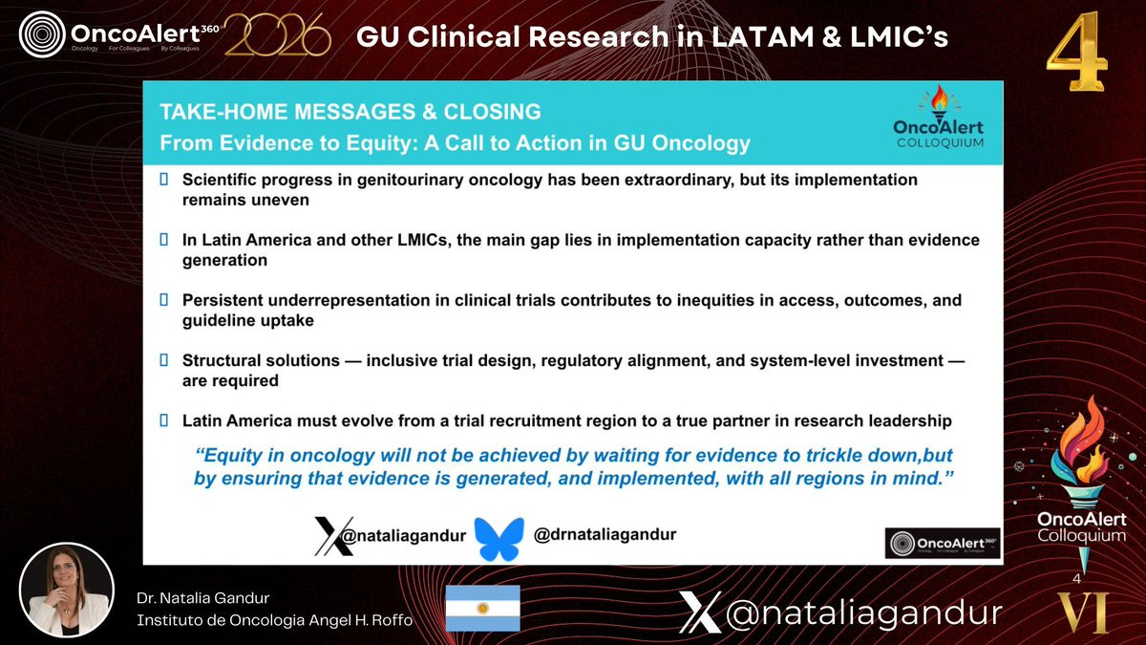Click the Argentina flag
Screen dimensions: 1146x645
[x=482, y=608]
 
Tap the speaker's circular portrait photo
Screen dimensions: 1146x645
[x=67, y=591]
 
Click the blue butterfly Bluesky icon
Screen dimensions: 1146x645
[x=499, y=539]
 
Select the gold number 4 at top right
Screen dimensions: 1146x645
[x=1076, y=52]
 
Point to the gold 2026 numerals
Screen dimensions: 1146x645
[x=277, y=34]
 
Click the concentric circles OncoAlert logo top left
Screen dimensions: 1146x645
[x=42, y=34]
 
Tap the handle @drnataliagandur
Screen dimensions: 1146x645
[x=605, y=534]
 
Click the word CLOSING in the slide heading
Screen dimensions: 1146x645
[x=492, y=112]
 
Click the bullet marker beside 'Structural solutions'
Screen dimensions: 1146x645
[x=163, y=360]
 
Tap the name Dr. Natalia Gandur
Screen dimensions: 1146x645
[x=202, y=598]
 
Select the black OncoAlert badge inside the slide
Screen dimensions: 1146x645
[x=943, y=543]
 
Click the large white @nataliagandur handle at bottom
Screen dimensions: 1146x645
[x=840, y=613]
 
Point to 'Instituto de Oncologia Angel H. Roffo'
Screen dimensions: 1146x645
[x=275, y=620]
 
